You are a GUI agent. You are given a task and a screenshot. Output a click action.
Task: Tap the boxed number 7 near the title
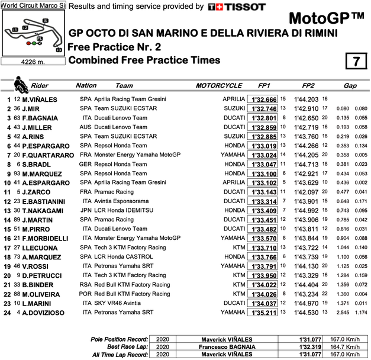(355, 61)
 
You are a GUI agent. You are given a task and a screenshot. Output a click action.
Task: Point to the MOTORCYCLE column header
(219, 86)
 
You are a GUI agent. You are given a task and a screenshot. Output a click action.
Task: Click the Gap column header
(350, 86)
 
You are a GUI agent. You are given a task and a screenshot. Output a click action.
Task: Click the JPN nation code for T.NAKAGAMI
(85, 210)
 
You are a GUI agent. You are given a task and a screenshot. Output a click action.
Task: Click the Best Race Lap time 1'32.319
(295, 347)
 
